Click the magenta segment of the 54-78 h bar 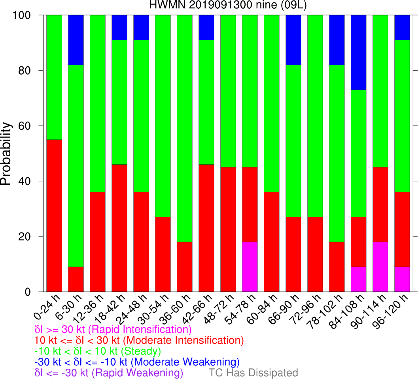[x=250, y=267]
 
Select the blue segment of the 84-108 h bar [x=359, y=53]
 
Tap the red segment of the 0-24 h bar [x=54, y=216]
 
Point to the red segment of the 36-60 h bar [x=185, y=267]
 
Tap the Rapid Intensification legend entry [x=113, y=329]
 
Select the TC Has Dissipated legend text [x=253, y=373]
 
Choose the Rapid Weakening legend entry [x=109, y=373]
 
